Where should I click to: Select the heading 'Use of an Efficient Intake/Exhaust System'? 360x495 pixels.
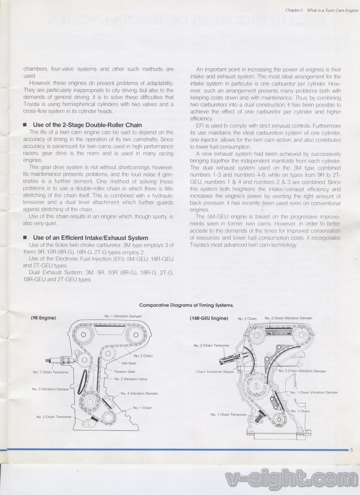90,237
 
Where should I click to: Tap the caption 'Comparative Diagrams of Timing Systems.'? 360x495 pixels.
186,305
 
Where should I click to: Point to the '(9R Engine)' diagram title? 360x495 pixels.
43,318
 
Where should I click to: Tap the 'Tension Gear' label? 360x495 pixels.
125,372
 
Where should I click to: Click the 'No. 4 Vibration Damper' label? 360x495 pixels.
139,393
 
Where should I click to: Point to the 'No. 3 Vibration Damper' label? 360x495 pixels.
50,388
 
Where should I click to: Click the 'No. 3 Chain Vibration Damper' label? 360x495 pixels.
302,371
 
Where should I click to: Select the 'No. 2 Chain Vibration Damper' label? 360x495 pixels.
288,318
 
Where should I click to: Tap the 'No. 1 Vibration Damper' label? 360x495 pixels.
123,316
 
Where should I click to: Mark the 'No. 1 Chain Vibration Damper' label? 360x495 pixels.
314,392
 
